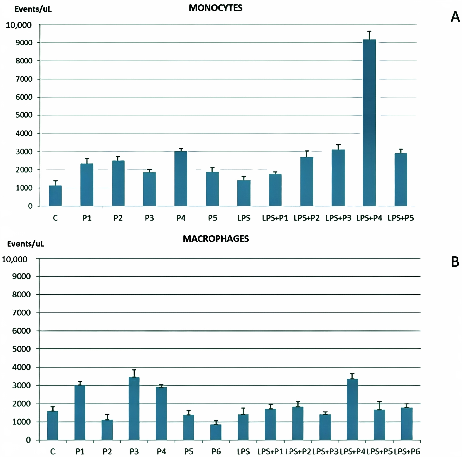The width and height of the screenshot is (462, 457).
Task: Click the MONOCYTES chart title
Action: (216, 8)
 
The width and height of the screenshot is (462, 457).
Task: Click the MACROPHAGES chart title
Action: (216, 239)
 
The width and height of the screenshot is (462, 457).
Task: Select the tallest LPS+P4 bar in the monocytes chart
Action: (369, 123)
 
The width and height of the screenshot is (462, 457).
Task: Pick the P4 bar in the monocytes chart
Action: (181, 179)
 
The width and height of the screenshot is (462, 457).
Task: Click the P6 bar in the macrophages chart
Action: (216, 432)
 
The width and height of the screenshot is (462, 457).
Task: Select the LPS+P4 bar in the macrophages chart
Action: (352, 409)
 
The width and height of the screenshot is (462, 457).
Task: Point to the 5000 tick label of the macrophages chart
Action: (22, 349)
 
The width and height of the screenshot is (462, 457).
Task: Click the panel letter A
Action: (455, 17)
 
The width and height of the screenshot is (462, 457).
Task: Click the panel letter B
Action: (455, 262)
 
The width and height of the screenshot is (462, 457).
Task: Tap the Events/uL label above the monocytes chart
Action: (33, 9)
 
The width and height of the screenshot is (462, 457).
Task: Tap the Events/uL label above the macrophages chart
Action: (26, 244)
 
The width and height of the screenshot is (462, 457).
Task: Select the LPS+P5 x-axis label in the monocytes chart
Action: (401, 218)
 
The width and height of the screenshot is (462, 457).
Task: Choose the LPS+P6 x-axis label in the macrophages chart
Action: (407, 451)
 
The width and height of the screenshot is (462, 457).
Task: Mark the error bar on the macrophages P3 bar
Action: (134, 373)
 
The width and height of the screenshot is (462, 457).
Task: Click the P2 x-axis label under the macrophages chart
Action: (107, 451)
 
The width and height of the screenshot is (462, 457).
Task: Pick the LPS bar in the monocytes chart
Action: (244, 193)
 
